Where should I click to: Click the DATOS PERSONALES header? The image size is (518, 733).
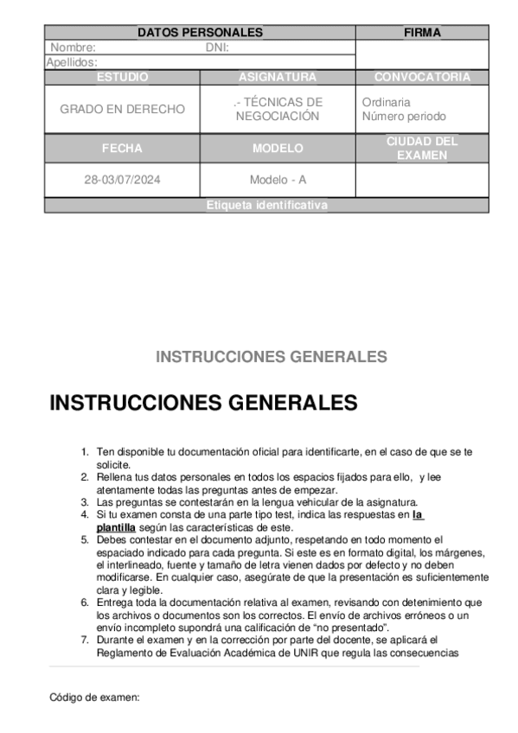200,33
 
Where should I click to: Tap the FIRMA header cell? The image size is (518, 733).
422,33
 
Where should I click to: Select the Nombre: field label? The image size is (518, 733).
73,48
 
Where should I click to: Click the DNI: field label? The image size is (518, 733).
217,48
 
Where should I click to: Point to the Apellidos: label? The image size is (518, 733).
71,62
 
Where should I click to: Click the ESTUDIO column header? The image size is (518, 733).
122,77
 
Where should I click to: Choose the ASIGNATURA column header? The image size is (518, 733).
278,77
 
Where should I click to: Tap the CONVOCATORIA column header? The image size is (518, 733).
422,77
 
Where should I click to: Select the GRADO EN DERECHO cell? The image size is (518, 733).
122,110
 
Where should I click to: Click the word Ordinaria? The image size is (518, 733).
386,103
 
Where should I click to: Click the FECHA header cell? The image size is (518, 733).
122,149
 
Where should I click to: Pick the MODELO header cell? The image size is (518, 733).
278,149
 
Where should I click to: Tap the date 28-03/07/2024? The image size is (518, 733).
122,181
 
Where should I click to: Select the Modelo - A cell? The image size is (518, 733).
278,181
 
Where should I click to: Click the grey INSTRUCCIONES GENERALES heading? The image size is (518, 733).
271,357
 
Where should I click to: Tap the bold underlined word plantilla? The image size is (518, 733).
116,527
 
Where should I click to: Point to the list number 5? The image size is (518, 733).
85,539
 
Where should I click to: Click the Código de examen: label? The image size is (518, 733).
94,696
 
